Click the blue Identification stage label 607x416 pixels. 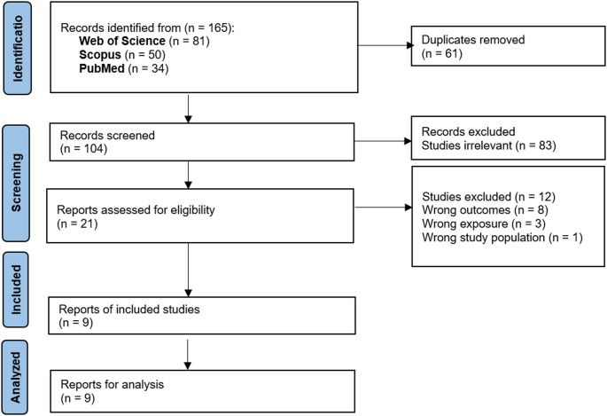click(18, 48)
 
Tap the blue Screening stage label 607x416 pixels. click(16, 184)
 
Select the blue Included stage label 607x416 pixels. click(16, 290)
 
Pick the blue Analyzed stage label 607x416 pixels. click(15, 377)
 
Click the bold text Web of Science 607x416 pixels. click(122, 41)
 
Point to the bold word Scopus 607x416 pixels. click(100, 55)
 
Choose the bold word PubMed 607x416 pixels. click(102, 68)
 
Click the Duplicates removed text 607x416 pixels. click(473, 40)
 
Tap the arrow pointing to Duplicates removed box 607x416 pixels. click(385, 45)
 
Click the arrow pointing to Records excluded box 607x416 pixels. click(383, 141)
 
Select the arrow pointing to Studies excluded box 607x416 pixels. click(383, 208)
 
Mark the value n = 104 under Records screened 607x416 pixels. click(83, 149)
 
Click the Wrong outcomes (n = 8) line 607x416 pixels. click(485, 210)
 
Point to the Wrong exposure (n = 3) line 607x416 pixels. click(484, 224)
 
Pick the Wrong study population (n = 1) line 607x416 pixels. click(502, 237)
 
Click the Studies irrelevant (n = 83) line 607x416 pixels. click(488, 145)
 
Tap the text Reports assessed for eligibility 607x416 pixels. click(136, 210)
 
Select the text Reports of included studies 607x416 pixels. click(128, 309)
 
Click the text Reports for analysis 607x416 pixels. click(112, 384)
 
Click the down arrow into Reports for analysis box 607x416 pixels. click(188, 355)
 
